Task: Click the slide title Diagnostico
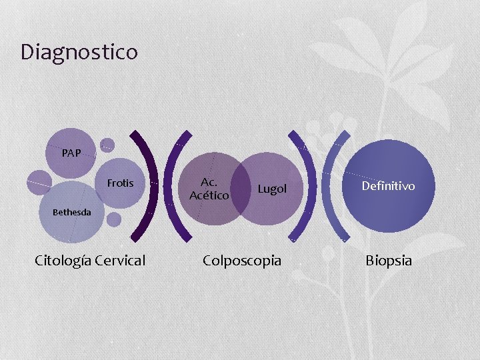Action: coord(79,51)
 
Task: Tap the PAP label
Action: coord(71,153)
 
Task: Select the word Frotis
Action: coord(120,183)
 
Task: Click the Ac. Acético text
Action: coord(209,189)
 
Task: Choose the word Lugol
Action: coord(272,189)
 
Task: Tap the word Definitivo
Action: coord(388,186)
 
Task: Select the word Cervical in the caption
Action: coord(120,260)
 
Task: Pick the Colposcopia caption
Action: coord(242,260)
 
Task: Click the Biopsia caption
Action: coord(389,260)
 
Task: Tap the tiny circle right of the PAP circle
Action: coord(107,145)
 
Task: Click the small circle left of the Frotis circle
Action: coord(39,179)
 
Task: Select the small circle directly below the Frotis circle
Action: coord(114,219)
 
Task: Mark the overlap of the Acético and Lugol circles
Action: coord(241,189)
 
